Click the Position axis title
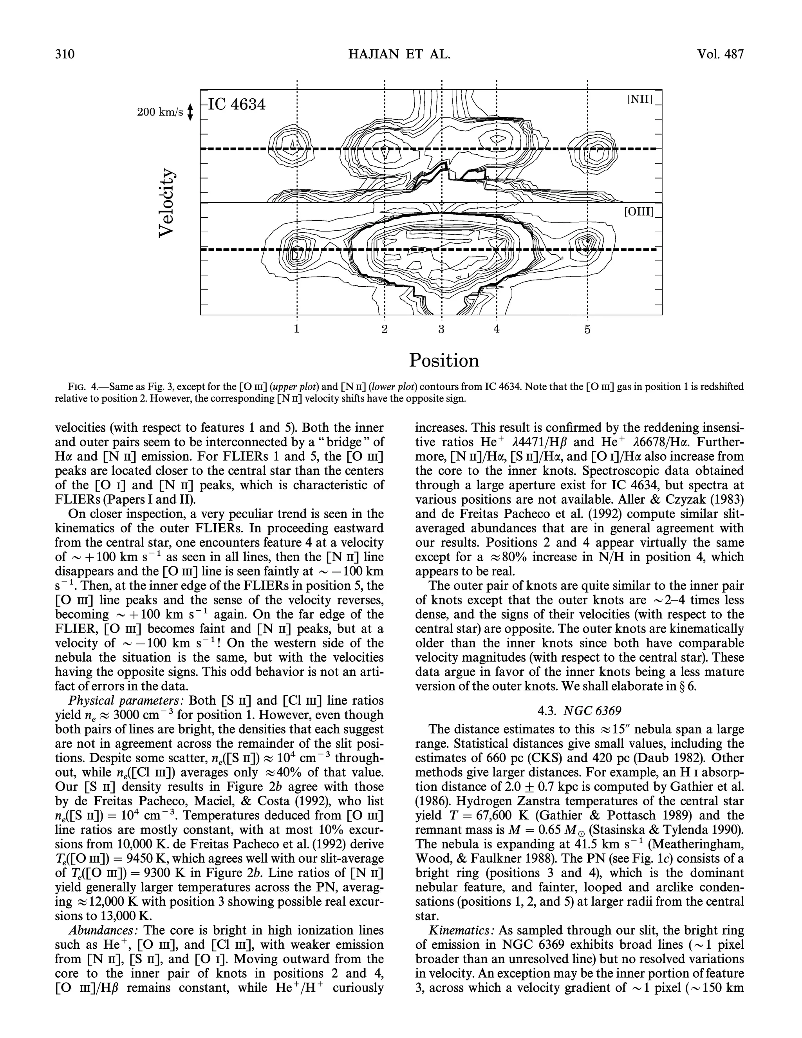click(x=444, y=360)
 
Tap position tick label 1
click(x=296, y=329)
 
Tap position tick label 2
click(x=385, y=329)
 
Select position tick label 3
click(x=441, y=329)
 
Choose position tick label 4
click(x=497, y=329)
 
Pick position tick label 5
click(x=587, y=329)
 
